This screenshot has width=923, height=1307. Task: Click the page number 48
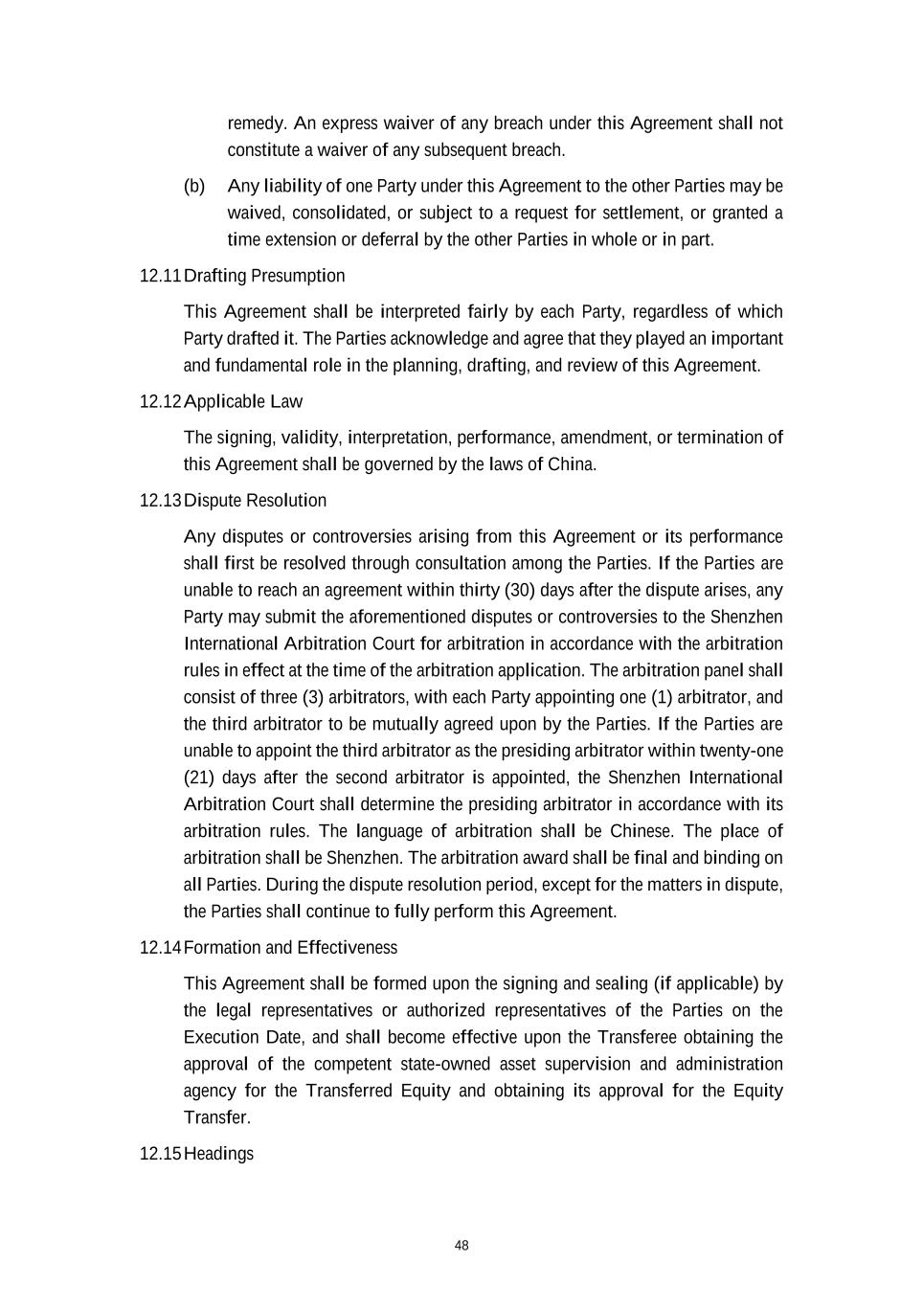click(x=461, y=1246)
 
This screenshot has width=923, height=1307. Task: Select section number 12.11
click(x=160, y=276)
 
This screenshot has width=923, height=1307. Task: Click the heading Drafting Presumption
click(x=264, y=276)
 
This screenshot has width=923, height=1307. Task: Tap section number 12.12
click(x=160, y=401)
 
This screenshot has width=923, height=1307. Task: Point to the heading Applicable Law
click(x=243, y=401)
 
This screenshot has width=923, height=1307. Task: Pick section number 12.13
click(x=160, y=501)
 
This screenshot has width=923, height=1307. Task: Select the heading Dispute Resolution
click(x=255, y=501)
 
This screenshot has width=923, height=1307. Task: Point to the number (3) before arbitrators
click(x=314, y=697)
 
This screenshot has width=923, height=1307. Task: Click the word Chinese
click(x=642, y=831)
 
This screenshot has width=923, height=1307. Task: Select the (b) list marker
click(x=194, y=186)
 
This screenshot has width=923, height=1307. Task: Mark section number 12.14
click(x=160, y=948)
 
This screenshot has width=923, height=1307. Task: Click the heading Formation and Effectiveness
click(x=290, y=948)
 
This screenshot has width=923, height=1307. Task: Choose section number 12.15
click(x=160, y=1154)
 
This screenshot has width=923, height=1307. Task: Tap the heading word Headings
click(x=218, y=1154)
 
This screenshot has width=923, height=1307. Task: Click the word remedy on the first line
click(x=257, y=124)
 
